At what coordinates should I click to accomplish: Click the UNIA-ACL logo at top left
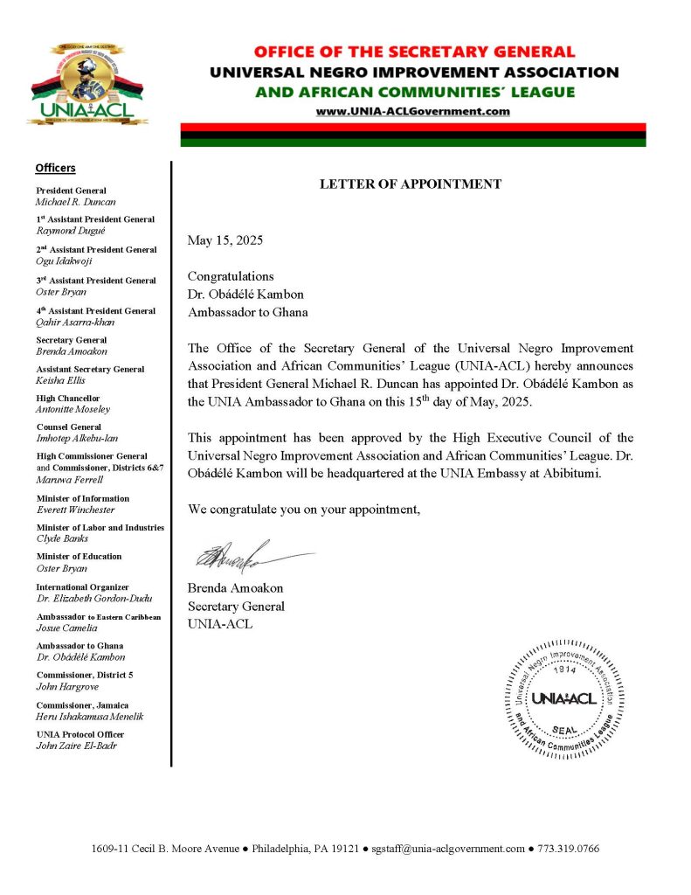pos(88,84)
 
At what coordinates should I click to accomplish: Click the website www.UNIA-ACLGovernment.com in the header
pos(412,111)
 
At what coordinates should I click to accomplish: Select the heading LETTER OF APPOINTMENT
pos(410,184)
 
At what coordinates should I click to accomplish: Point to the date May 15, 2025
pos(225,239)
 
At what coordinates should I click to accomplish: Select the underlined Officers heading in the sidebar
pos(55,168)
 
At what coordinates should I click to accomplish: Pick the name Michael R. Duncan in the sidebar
pos(75,202)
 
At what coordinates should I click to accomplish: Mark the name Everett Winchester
pos(75,510)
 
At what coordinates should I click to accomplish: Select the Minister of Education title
pos(79,557)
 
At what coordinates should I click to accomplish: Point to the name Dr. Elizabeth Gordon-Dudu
pos(93,599)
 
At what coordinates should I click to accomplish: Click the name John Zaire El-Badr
pos(76,746)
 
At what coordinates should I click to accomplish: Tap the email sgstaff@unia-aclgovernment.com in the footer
pos(447,849)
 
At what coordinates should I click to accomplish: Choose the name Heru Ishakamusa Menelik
pos(89,717)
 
